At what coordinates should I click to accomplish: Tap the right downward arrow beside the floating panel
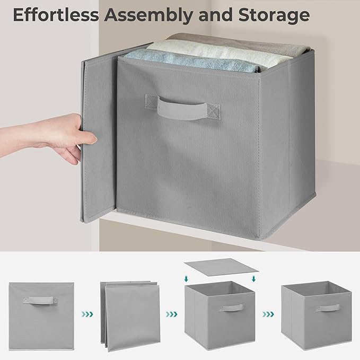tap(254, 276)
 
